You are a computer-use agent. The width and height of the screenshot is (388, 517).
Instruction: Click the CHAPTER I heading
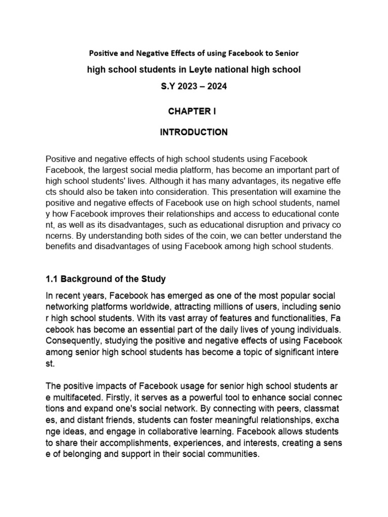pyautogui.click(x=193, y=112)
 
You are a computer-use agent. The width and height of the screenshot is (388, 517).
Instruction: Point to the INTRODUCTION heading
pyautogui.click(x=193, y=132)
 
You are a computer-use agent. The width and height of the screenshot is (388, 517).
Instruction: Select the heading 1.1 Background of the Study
pyautogui.click(x=106, y=279)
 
